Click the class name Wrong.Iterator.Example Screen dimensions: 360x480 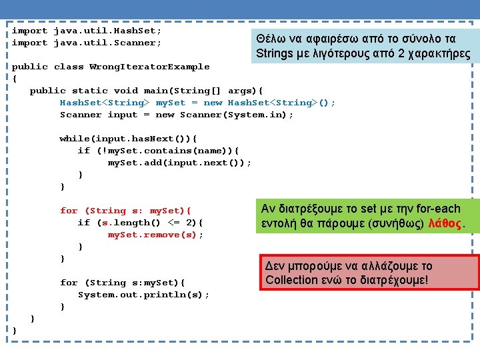[149, 67]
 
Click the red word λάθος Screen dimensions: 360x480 [445, 223]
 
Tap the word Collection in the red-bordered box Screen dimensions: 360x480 [291, 280]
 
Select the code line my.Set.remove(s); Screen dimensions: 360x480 [156, 235]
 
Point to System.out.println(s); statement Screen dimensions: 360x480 [143, 295]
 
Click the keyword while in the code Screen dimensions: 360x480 [74, 139]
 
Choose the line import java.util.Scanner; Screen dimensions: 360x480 [87, 43]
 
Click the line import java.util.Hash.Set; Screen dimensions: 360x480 [87, 31]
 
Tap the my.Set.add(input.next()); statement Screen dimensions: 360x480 [179, 163]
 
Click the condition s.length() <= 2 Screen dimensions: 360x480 [148, 223]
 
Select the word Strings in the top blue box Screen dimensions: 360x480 [275, 53]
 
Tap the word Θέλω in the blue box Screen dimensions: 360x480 [270, 39]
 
